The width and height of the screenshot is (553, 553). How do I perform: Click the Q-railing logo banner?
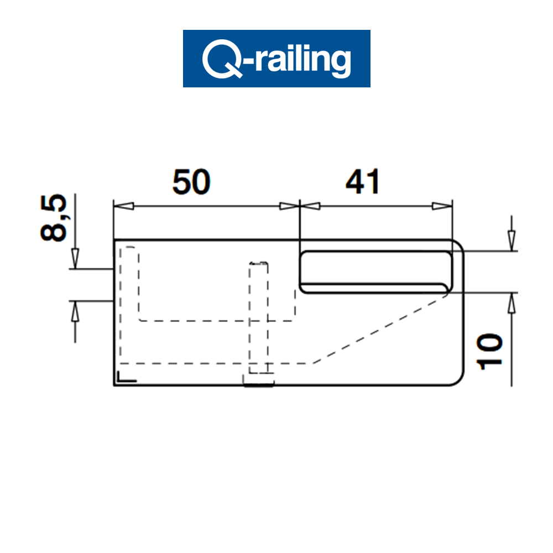(x=276, y=58)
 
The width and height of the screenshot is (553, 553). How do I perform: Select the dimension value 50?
(x=191, y=182)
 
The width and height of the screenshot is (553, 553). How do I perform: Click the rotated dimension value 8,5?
(x=54, y=218)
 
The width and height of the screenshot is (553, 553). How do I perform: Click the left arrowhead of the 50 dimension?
(x=123, y=206)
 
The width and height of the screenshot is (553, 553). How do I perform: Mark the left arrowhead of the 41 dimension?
(x=310, y=206)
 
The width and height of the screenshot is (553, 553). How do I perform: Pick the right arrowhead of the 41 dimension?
(x=441, y=206)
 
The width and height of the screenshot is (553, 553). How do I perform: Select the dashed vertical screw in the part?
(x=259, y=321)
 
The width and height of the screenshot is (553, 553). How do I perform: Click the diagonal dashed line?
(x=382, y=329)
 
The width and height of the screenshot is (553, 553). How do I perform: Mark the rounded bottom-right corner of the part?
(x=458, y=379)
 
